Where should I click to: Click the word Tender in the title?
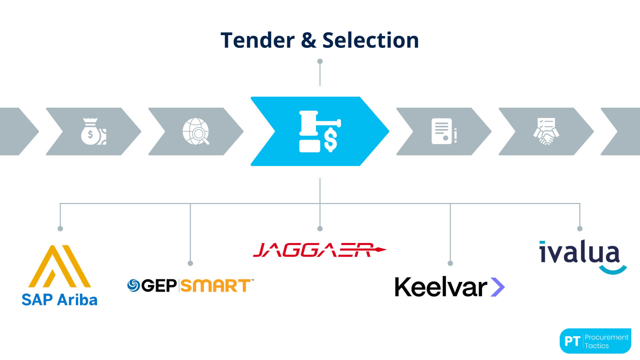click(257, 40)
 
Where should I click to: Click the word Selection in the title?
click(370, 40)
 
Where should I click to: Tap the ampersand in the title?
click(308, 40)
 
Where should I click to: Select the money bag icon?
click(93, 131)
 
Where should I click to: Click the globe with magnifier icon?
click(196, 131)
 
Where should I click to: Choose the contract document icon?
click(443, 131)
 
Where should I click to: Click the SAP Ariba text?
click(59, 300)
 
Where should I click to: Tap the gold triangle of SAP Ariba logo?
click(60, 267)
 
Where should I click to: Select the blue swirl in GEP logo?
click(134, 285)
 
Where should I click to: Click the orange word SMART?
click(215, 286)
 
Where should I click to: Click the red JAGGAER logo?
click(319, 250)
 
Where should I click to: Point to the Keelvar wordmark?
click(441, 287)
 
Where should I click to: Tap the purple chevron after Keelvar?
click(498, 287)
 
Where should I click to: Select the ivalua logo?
click(582, 255)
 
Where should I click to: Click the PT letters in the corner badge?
click(572, 341)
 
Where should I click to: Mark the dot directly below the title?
click(320, 61)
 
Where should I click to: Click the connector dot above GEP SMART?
click(190, 263)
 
